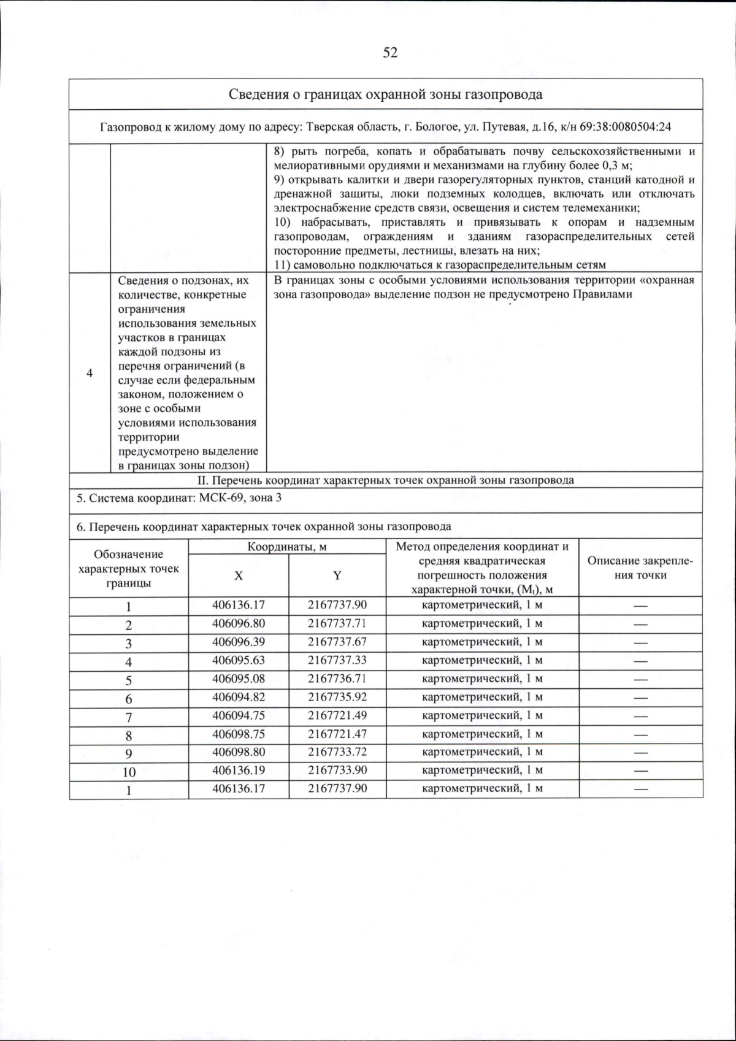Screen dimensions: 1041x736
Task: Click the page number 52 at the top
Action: (391, 53)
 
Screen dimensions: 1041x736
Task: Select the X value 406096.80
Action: (238, 623)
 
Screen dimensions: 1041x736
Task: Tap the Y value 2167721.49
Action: (337, 715)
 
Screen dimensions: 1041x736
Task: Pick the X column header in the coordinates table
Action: (238, 575)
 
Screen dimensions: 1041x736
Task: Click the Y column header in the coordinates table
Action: (337, 575)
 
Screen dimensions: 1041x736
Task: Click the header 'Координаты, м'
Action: (286, 547)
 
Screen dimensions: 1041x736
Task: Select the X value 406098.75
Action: (238, 734)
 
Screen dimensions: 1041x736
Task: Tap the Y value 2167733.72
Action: (337, 751)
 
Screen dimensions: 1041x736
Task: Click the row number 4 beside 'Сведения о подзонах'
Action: (90, 374)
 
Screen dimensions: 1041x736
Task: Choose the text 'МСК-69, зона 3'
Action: (241, 497)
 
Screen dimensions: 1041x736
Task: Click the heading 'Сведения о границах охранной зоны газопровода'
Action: (385, 94)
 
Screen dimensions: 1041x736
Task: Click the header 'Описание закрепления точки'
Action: (640, 568)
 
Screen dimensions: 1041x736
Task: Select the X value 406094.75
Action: (238, 715)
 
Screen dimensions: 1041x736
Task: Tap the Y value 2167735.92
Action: (337, 697)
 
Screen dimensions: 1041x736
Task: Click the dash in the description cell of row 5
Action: (640, 679)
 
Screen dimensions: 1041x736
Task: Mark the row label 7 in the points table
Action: (129, 716)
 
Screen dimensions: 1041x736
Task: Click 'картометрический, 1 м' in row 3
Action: (482, 642)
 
